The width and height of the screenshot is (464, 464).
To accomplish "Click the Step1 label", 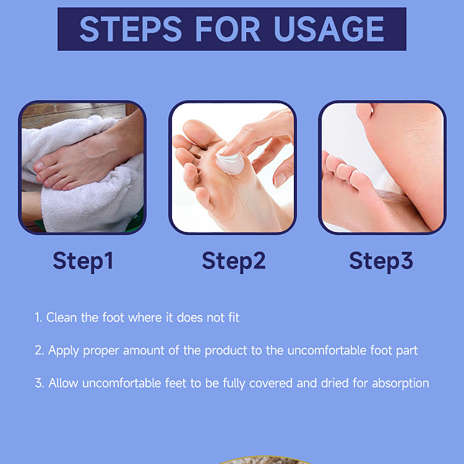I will [83, 260].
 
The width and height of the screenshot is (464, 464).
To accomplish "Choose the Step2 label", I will [233, 260].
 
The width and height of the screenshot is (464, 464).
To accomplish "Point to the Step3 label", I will [381, 260].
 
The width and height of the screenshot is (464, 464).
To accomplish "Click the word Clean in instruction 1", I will [62, 318].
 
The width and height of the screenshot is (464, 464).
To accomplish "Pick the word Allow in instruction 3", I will [62, 383].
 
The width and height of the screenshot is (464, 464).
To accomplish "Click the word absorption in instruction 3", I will [399, 383].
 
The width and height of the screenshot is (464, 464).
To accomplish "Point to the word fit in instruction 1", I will [232, 318].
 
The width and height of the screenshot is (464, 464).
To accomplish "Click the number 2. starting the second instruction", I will [40, 351].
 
